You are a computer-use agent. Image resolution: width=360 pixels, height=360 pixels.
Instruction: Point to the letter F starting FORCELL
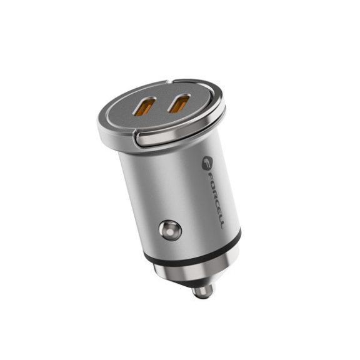209,177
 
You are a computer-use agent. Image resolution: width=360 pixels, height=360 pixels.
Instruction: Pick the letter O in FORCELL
211,185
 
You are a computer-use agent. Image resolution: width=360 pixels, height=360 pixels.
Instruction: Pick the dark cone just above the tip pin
196,280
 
